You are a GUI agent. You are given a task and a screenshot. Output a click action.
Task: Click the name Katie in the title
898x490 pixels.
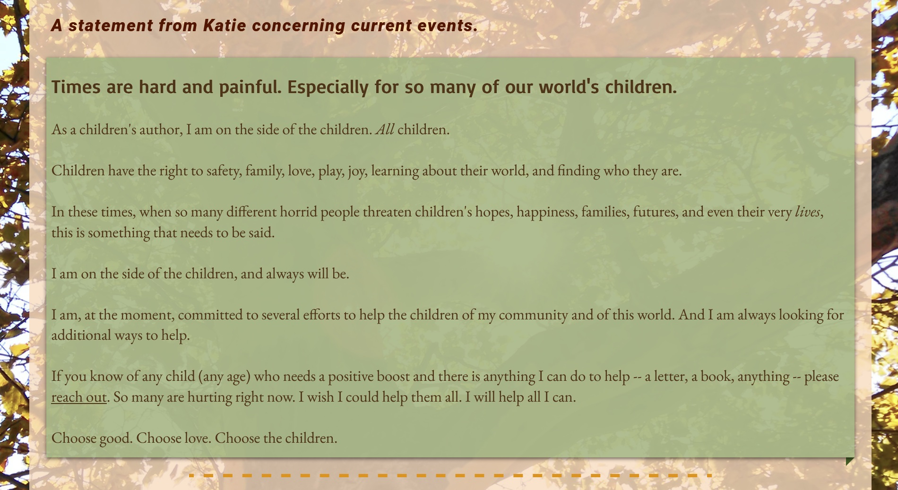(224, 26)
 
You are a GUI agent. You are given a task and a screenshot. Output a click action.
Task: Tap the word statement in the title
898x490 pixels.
(111, 26)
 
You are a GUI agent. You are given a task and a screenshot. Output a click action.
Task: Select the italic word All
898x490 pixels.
(385, 129)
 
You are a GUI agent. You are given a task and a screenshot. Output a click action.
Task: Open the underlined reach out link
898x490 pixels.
(79, 397)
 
